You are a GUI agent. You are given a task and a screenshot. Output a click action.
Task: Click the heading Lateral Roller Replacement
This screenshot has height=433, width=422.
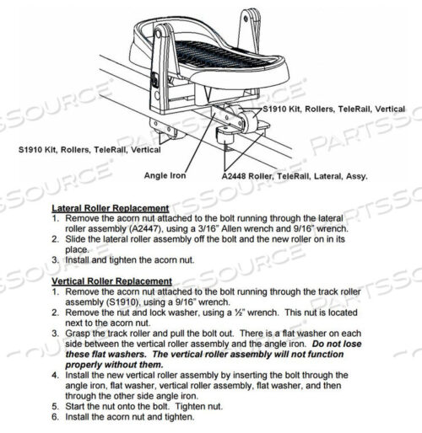tap(111, 208)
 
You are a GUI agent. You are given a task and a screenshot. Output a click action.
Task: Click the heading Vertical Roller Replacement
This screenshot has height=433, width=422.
tap(112, 281)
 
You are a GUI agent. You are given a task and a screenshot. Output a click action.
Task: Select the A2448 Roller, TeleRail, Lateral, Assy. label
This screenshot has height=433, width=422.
tap(283, 178)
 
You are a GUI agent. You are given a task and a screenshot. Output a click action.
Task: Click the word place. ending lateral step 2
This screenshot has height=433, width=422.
tap(78, 249)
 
